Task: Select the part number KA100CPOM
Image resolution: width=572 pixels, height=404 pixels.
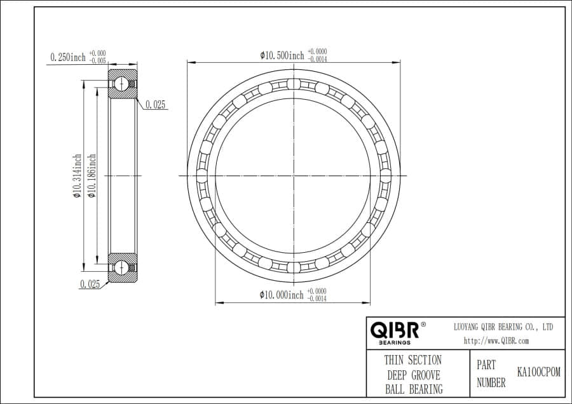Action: [538, 372]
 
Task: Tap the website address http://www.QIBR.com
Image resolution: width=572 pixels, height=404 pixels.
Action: [496, 341]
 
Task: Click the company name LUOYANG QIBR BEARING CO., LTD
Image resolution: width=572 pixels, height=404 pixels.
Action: [503, 327]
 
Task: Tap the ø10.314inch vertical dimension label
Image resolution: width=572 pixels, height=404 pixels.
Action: [77, 176]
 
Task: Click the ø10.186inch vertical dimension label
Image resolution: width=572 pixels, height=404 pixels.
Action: [92, 176]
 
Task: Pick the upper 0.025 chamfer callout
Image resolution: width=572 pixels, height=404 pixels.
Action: [156, 105]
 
